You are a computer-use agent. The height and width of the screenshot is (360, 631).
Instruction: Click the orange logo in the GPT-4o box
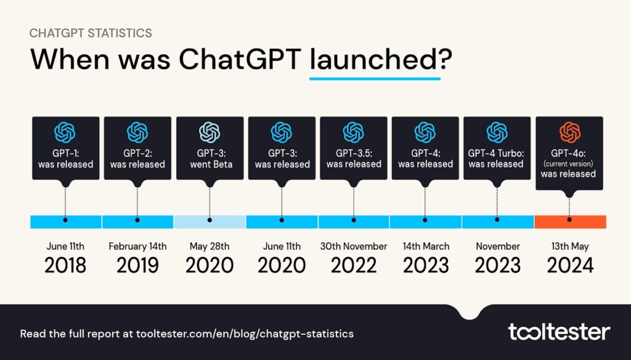(569, 132)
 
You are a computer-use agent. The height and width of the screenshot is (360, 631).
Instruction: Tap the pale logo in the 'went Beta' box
(210, 132)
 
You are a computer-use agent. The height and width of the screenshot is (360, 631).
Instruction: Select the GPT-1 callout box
(65, 148)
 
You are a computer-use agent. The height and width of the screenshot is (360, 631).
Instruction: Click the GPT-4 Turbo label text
(497, 152)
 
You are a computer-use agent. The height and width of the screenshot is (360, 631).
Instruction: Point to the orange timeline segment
(571, 221)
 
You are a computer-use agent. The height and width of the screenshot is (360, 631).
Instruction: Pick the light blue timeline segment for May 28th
(210, 221)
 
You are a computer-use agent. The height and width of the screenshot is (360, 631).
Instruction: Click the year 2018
(65, 265)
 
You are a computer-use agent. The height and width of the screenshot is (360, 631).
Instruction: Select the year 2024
(569, 265)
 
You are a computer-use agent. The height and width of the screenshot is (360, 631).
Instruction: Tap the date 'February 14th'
(137, 246)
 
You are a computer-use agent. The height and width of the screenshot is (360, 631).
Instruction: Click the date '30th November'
(353, 246)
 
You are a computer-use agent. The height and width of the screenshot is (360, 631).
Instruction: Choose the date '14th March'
(425, 246)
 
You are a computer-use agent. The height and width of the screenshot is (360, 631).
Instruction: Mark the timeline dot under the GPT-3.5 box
(353, 219)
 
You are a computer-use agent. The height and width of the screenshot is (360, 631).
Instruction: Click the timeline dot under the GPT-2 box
(137, 219)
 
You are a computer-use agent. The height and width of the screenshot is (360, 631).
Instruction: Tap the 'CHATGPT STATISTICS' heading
(91, 33)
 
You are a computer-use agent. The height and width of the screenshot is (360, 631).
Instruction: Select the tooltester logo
(558, 332)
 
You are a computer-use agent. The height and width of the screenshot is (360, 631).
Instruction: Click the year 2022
(353, 265)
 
